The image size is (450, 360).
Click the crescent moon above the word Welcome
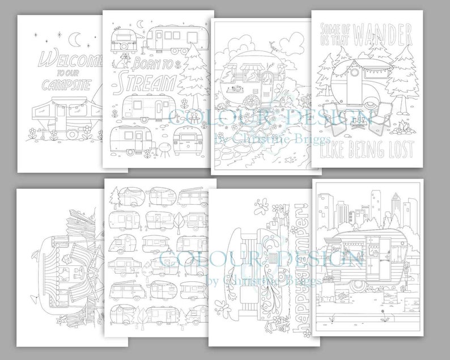click(x=75, y=39)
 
